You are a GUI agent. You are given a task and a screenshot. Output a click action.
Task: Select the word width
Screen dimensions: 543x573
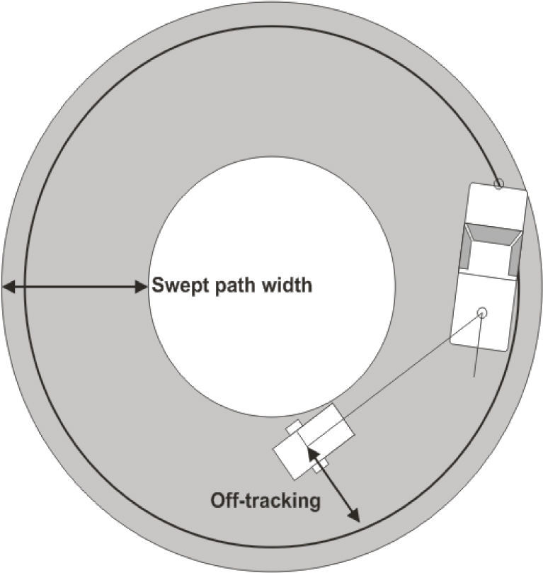click(287, 287)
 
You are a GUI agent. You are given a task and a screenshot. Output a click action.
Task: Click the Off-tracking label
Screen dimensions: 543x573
click(265, 501)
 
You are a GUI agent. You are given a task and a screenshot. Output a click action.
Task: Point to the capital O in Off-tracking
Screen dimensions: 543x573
click(218, 501)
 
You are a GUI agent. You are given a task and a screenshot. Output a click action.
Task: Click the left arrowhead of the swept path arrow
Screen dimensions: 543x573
click(7, 287)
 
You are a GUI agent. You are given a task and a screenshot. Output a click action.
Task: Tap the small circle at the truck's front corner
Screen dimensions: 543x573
click(498, 184)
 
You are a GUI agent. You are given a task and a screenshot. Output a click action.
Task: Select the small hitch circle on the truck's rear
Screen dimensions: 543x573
click(482, 312)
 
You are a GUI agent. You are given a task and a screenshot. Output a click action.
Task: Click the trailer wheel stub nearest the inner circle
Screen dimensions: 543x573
click(293, 427)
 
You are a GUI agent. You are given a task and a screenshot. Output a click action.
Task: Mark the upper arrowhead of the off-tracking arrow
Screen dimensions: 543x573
click(312, 454)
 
